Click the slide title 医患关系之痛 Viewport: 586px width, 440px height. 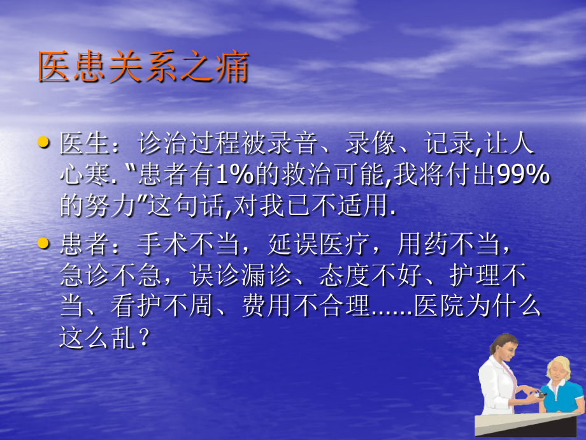click(x=143, y=68)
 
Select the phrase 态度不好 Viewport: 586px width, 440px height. click(x=362, y=275)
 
